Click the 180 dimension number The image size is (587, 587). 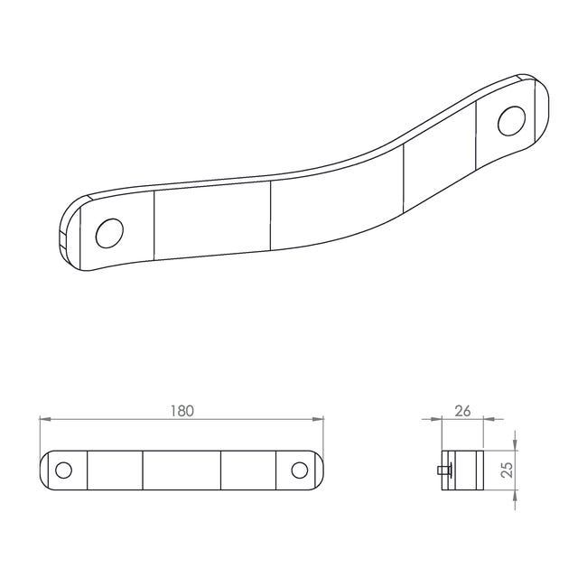tap(182, 411)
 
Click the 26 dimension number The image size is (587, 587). tap(462, 411)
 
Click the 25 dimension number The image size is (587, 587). tap(507, 470)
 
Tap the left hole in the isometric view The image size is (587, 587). tap(109, 233)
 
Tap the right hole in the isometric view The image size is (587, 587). tap(511, 121)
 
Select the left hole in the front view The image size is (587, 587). tap(63, 471)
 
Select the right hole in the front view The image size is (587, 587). tap(300, 471)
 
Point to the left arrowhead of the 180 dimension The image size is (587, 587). tap(45, 419)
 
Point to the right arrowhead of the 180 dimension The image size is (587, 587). tap(318, 419)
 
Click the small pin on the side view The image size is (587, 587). tap(444, 470)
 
